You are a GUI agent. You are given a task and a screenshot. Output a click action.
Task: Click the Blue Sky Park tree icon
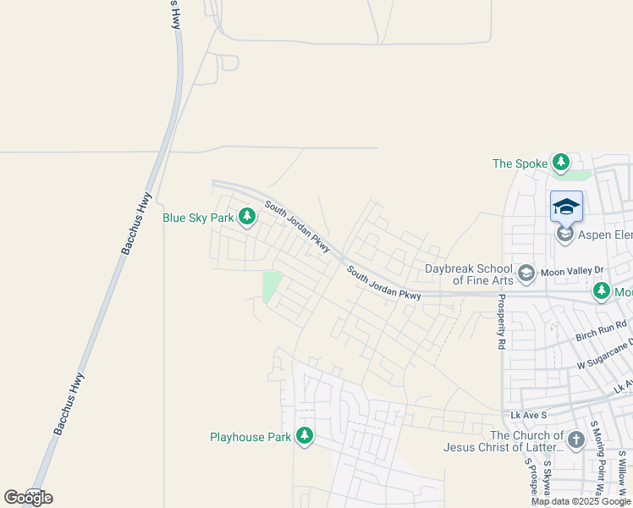point(247,218)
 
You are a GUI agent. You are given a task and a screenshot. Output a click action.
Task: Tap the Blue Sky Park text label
point(197,218)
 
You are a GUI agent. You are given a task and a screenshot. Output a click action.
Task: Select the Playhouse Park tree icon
point(305,437)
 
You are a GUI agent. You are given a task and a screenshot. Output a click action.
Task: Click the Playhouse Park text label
point(250,438)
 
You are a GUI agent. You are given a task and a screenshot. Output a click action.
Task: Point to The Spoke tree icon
point(560,162)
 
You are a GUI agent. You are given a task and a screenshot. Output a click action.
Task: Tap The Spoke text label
point(520,163)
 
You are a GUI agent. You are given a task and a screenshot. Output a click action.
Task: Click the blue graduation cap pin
point(566,207)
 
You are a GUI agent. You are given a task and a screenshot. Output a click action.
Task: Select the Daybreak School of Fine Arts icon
point(526,273)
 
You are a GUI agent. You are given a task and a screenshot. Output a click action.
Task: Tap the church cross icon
point(575,439)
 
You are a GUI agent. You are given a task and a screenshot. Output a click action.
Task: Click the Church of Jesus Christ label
point(503,441)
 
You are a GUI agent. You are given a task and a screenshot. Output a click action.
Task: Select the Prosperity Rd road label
point(501,323)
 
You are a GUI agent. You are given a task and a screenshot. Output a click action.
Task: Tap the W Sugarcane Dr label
point(604,355)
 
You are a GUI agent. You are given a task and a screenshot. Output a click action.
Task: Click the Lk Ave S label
point(530,416)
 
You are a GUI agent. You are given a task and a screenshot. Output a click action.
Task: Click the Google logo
point(28,498)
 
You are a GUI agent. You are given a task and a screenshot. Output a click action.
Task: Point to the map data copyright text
point(581,501)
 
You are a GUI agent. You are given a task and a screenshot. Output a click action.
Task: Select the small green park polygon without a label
point(272,286)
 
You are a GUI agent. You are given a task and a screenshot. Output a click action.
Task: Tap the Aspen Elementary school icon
point(565,235)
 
